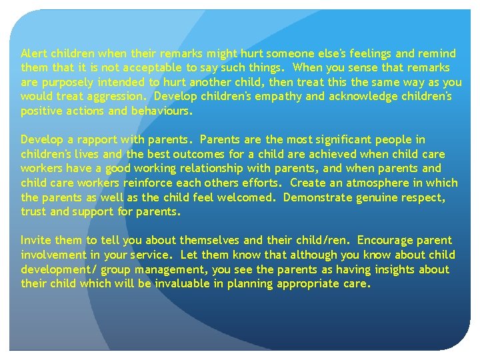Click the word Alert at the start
[x=33, y=53]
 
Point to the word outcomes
[x=189, y=154]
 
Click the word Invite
[x=35, y=240]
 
